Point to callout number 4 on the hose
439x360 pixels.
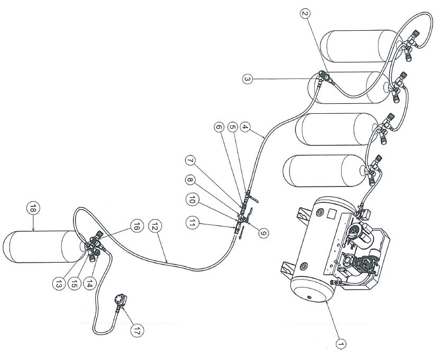click(x=244, y=127)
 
